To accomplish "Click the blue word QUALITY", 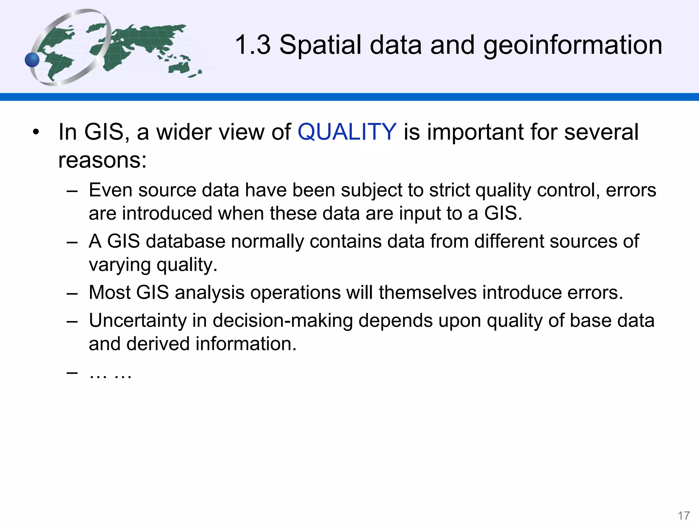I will point(347,132).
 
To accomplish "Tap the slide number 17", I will point(684,515).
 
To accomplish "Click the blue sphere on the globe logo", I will point(32,60).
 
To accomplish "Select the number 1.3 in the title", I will point(253,45).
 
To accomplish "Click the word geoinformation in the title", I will point(573,45).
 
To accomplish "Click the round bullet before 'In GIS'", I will point(36,132).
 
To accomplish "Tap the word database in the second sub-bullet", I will point(186,242).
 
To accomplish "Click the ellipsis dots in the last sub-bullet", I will point(110,374).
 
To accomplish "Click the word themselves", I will point(428,293).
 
